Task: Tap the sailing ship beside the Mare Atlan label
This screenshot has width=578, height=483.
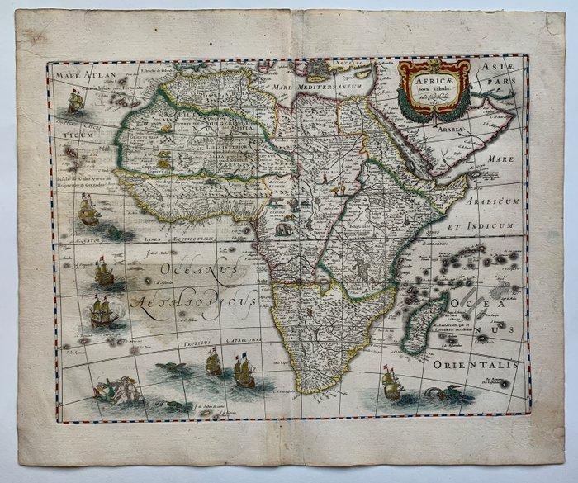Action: pyautogui.click(x=76, y=102)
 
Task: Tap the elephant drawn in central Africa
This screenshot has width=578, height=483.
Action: pyautogui.click(x=283, y=226)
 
